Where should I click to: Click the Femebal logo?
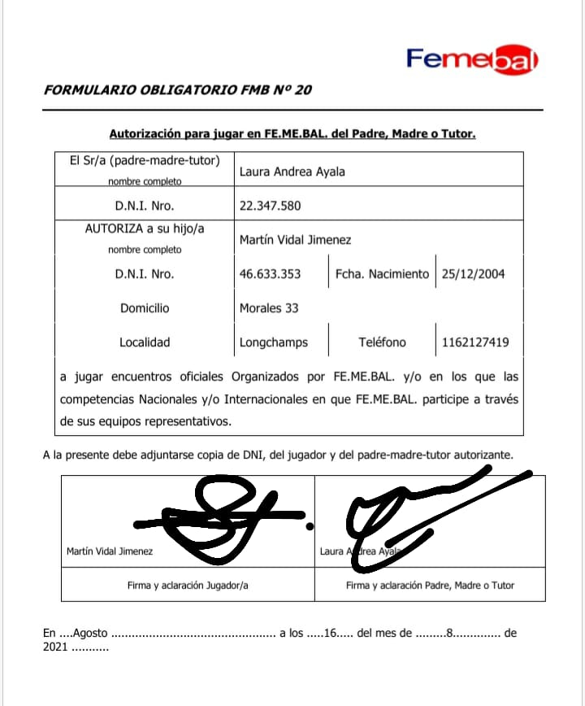472,59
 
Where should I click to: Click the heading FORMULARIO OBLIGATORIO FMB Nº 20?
177,89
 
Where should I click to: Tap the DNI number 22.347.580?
270,206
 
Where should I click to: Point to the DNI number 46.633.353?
270,274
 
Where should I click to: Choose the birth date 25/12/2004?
473,274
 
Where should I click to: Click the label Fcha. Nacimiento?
382,274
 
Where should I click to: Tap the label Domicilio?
145,308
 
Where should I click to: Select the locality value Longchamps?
274,342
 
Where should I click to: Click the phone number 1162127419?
475,342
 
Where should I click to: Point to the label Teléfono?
382,342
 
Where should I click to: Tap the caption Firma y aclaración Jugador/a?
188,585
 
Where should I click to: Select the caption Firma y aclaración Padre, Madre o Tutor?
430,585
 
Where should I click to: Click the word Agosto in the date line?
90,633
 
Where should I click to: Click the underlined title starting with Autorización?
292,133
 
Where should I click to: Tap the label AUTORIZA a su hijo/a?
145,229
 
